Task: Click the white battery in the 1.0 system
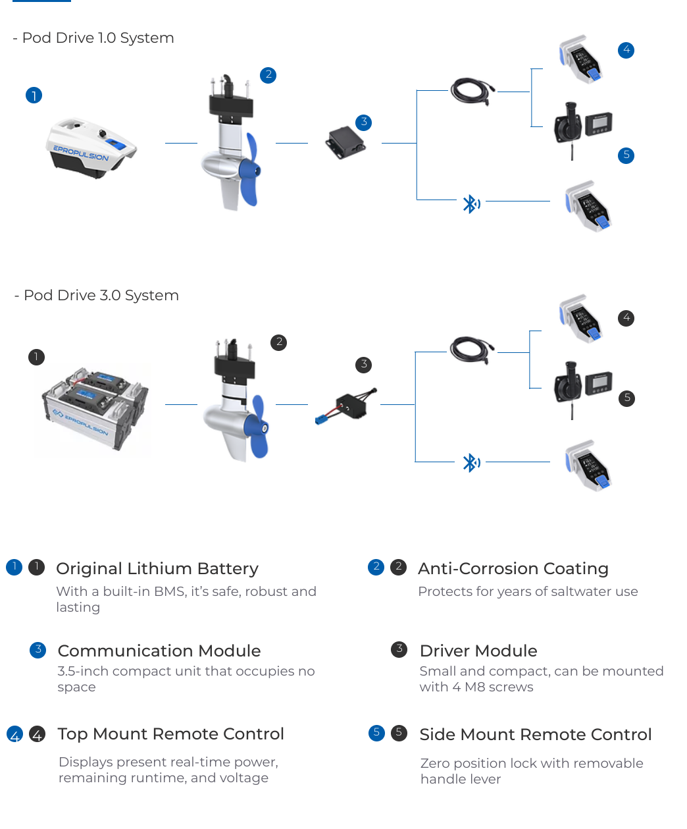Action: (x=91, y=149)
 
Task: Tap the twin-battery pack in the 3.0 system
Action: (x=93, y=410)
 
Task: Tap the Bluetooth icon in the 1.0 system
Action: (x=471, y=204)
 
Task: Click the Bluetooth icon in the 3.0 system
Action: (x=471, y=463)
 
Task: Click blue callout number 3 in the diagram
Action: (x=364, y=122)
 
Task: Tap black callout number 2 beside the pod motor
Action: (x=279, y=342)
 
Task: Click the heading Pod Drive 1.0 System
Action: (x=98, y=38)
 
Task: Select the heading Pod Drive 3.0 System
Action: (x=101, y=296)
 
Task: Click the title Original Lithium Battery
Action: (x=157, y=569)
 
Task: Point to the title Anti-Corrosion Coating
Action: (x=513, y=569)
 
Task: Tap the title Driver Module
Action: (x=478, y=651)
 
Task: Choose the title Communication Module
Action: (x=159, y=651)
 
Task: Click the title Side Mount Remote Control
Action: (x=536, y=735)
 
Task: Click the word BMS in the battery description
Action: (x=169, y=592)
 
